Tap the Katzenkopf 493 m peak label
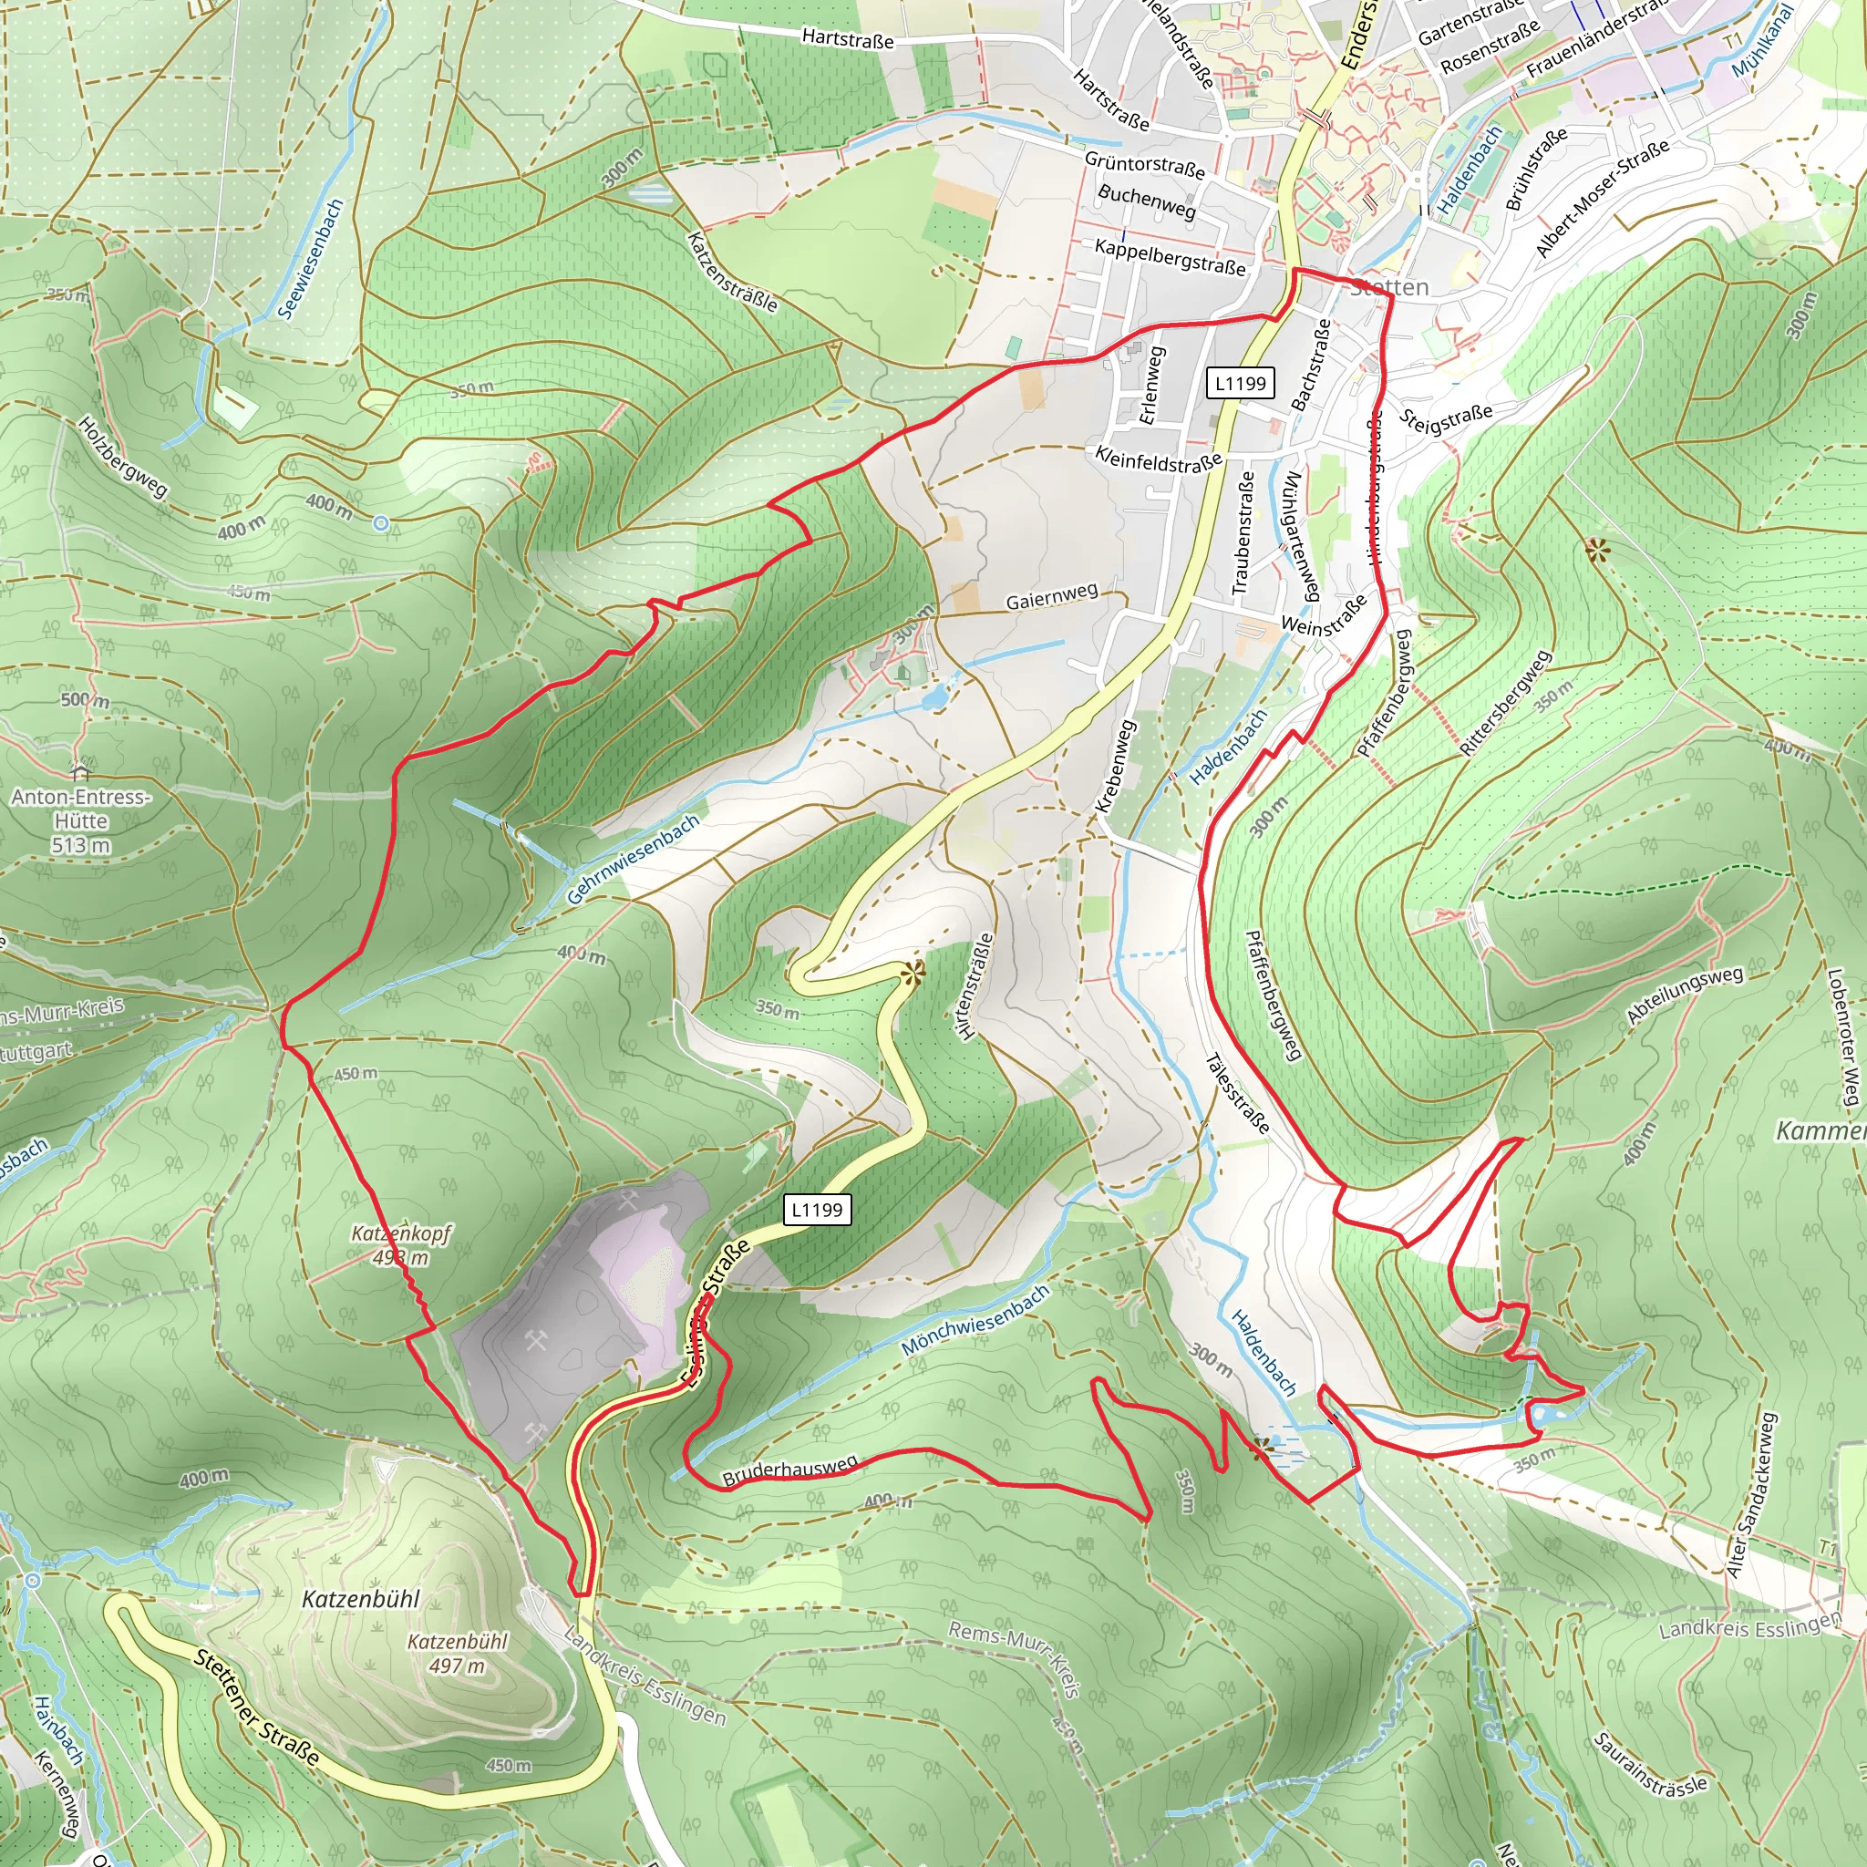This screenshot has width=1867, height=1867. [x=400, y=1244]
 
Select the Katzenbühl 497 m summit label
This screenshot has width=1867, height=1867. [x=457, y=1653]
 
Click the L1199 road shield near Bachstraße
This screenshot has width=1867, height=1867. [x=1240, y=383]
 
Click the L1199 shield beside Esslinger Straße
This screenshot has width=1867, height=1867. [x=817, y=1209]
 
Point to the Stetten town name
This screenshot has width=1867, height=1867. [x=1389, y=287]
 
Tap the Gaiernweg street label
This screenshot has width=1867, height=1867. [x=1051, y=596]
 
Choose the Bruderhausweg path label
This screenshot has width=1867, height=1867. [x=789, y=1470]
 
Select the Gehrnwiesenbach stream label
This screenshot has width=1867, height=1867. [x=632, y=859]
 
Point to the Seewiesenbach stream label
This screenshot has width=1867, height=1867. [x=311, y=258]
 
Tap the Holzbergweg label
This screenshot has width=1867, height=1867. [x=123, y=456]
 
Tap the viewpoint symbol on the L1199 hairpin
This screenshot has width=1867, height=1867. [x=913, y=972]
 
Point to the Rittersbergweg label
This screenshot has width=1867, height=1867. [x=1504, y=703]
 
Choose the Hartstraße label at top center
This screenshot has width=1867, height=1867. [x=848, y=38]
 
